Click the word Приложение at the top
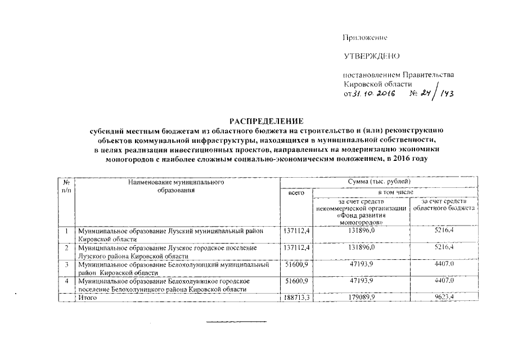[x=366, y=38]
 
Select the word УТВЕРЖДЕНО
[x=371, y=57]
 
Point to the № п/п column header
[x=66, y=186]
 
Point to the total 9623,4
[x=445, y=297]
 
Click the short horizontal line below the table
[x=237, y=321]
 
